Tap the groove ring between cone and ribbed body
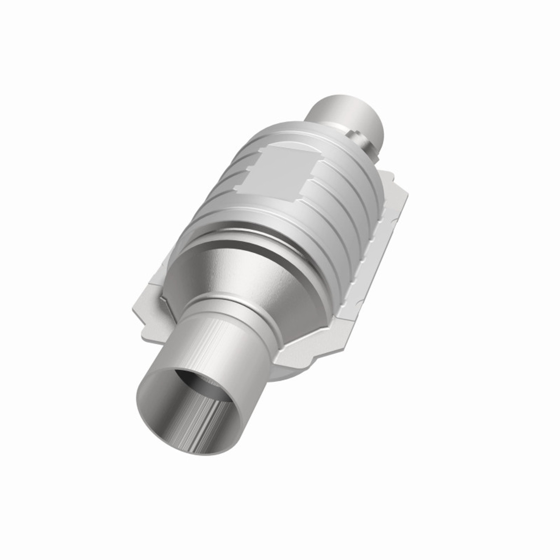click(x=245, y=227)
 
